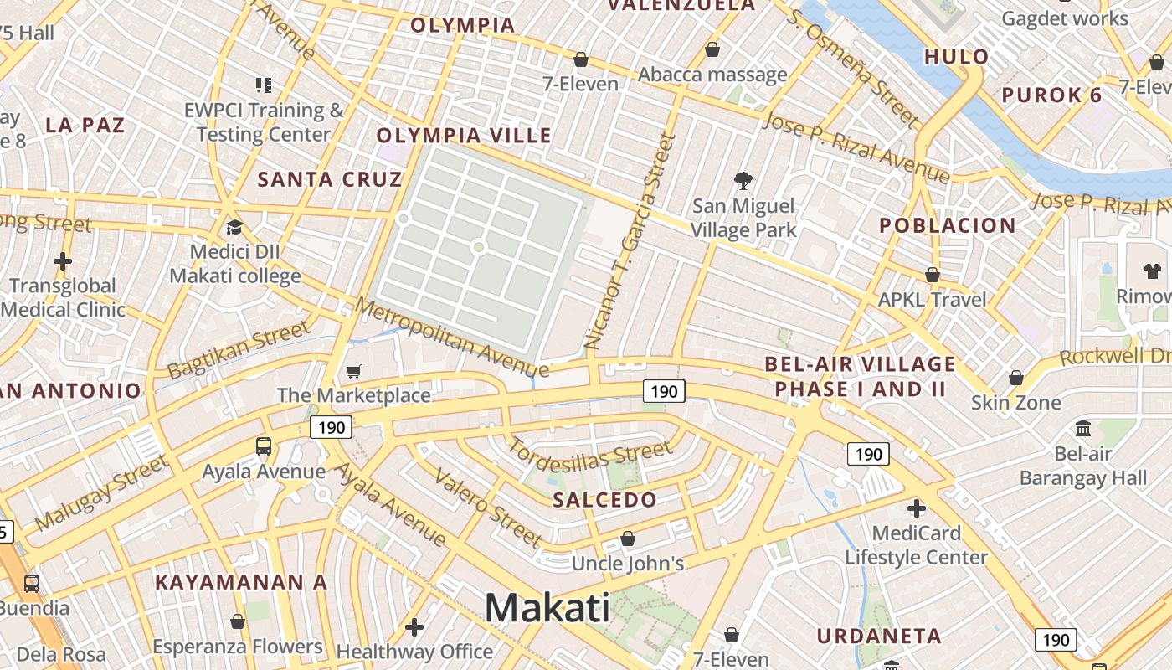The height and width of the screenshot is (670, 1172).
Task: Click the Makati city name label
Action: tap(547, 607)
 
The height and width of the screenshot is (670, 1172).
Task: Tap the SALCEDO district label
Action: tap(605, 500)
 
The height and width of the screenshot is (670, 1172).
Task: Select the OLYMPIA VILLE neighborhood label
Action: tap(464, 136)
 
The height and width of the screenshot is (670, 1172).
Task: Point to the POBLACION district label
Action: tap(948, 225)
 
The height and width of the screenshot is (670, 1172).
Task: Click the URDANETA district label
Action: tap(879, 636)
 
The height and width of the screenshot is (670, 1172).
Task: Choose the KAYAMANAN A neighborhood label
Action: tap(241, 582)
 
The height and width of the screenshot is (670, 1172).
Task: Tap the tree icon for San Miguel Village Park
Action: tap(743, 180)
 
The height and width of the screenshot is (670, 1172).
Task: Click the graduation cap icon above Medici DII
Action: tap(234, 227)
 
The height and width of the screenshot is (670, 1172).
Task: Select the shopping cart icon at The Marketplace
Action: tap(354, 371)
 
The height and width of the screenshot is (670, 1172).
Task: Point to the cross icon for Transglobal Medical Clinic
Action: tap(63, 261)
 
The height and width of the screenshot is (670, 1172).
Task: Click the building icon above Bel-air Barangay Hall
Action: tap(1083, 429)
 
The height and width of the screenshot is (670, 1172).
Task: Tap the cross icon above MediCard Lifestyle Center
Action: tap(917, 508)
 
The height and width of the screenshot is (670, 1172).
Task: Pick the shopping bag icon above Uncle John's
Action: tap(628, 539)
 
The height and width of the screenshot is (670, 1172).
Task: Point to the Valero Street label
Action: tap(488, 508)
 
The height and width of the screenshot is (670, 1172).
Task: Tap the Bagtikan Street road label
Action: tap(239, 351)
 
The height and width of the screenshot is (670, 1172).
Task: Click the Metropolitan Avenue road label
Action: tap(452, 337)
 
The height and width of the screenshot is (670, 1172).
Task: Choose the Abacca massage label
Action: tap(712, 75)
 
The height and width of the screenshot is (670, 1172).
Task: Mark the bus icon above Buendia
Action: tap(32, 583)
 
